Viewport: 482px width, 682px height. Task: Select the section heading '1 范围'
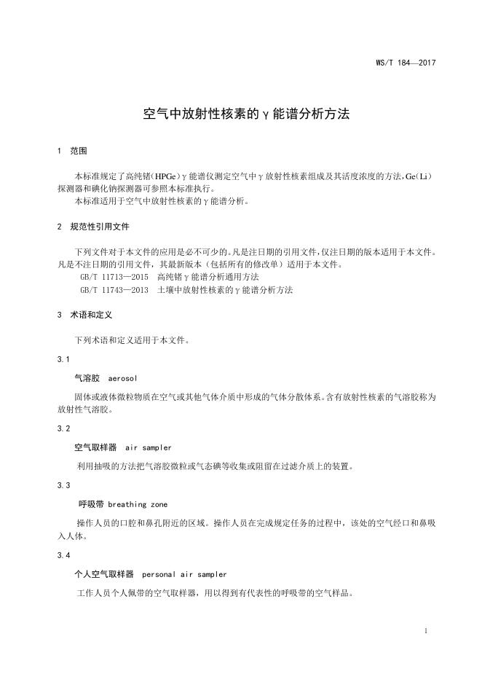(x=71, y=152)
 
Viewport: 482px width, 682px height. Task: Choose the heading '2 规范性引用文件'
(x=92, y=227)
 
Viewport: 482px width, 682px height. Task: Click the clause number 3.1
(x=63, y=359)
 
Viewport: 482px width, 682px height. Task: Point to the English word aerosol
(x=122, y=379)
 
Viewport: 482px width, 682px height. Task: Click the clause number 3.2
(x=63, y=428)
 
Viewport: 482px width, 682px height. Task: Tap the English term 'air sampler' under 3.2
(x=149, y=447)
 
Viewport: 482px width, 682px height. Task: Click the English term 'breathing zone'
(x=138, y=504)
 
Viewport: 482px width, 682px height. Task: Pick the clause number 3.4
(x=63, y=556)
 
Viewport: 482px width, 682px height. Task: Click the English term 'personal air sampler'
(x=184, y=574)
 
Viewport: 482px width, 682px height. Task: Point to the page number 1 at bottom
(x=425, y=630)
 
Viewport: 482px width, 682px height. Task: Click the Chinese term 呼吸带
(x=92, y=504)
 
